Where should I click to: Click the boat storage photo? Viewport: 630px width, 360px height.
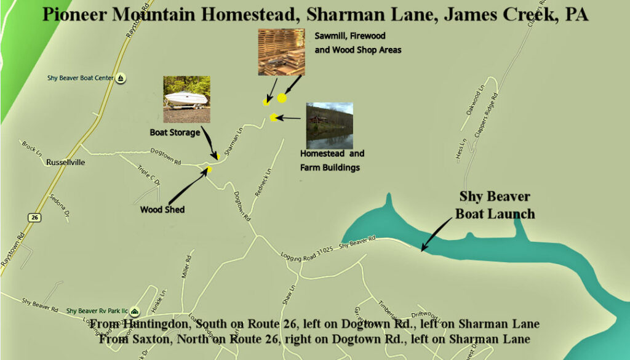pos(186,99)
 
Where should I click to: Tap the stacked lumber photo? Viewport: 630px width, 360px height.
pos(281,52)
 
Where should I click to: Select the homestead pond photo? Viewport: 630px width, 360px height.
pos(329,125)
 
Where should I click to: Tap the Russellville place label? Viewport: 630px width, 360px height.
pos(65,162)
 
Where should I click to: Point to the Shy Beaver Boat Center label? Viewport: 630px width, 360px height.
pos(82,78)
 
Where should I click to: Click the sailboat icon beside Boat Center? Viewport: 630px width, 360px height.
pos(122,78)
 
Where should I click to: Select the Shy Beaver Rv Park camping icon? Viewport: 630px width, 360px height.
pos(135,311)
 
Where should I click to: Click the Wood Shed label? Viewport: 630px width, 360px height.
pos(162,209)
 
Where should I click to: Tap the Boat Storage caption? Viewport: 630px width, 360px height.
pos(175,132)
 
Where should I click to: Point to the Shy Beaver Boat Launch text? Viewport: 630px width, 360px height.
pos(495,205)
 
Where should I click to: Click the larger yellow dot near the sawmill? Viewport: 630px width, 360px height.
pos(282,97)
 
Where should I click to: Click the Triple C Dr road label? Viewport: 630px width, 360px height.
pos(149,178)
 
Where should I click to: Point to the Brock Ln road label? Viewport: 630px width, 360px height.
pos(31,147)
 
